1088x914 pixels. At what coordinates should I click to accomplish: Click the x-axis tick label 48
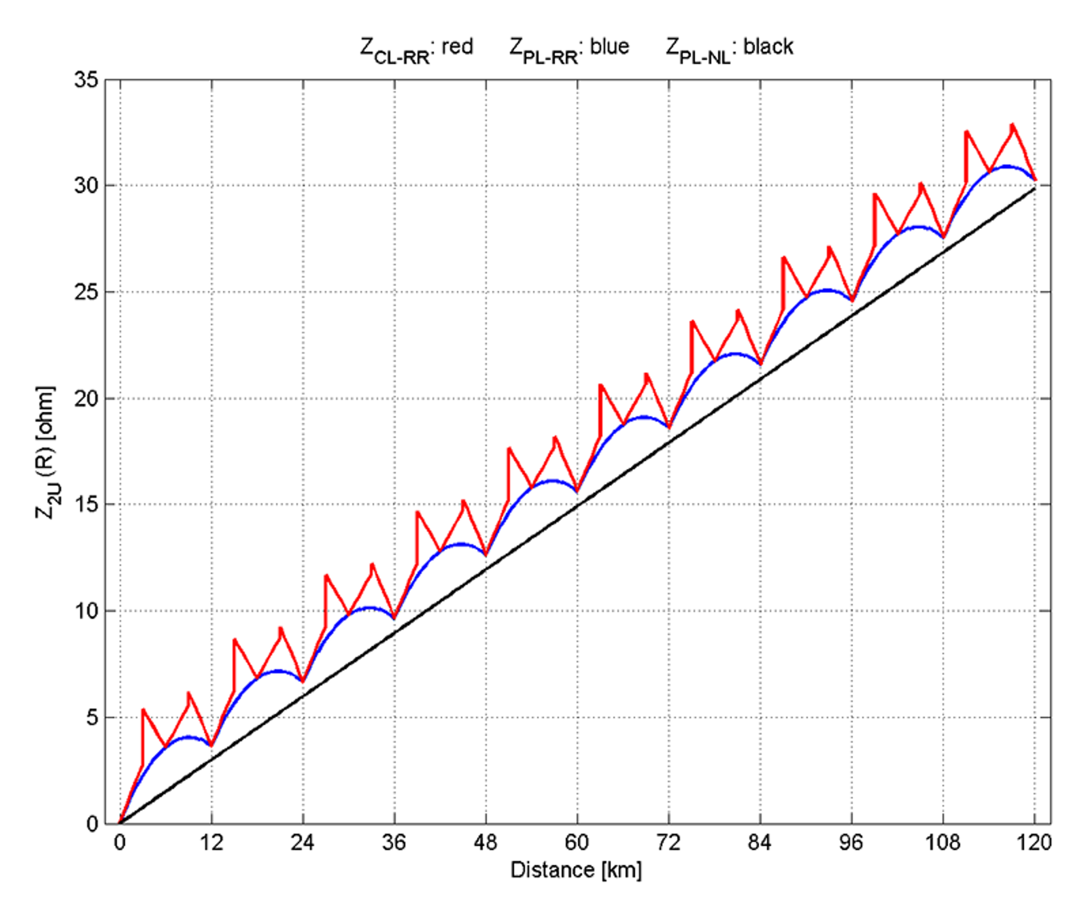click(486, 843)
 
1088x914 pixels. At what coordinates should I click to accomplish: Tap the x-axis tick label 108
click(942, 843)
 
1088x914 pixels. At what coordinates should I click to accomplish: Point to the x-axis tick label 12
click(211, 843)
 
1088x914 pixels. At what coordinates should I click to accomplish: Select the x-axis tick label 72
click(668, 843)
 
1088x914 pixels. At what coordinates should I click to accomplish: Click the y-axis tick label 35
click(86, 80)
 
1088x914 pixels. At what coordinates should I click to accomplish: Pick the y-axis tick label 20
click(86, 399)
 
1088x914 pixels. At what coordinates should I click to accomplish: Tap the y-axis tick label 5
click(92, 717)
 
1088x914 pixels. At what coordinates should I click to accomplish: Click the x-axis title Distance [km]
click(576, 870)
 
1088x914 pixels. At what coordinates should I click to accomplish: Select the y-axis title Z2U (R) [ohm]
click(46, 452)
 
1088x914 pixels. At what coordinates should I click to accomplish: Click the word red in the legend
click(457, 46)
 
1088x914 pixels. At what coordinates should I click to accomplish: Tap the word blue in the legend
click(609, 46)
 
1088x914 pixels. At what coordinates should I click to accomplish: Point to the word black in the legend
click(768, 46)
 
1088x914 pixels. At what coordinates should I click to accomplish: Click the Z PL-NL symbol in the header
click(698, 50)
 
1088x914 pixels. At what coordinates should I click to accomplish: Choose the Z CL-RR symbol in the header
click(394, 50)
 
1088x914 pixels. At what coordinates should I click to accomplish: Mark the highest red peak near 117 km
click(1013, 125)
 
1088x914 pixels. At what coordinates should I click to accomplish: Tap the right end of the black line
click(1034, 188)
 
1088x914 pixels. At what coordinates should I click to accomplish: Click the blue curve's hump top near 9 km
click(188, 737)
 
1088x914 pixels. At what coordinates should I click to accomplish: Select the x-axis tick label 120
click(1034, 843)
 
